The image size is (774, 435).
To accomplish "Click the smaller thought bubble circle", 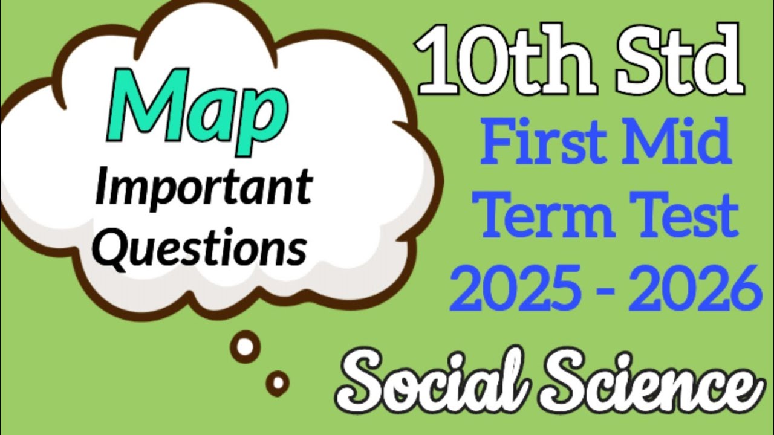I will (x=278, y=382).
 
